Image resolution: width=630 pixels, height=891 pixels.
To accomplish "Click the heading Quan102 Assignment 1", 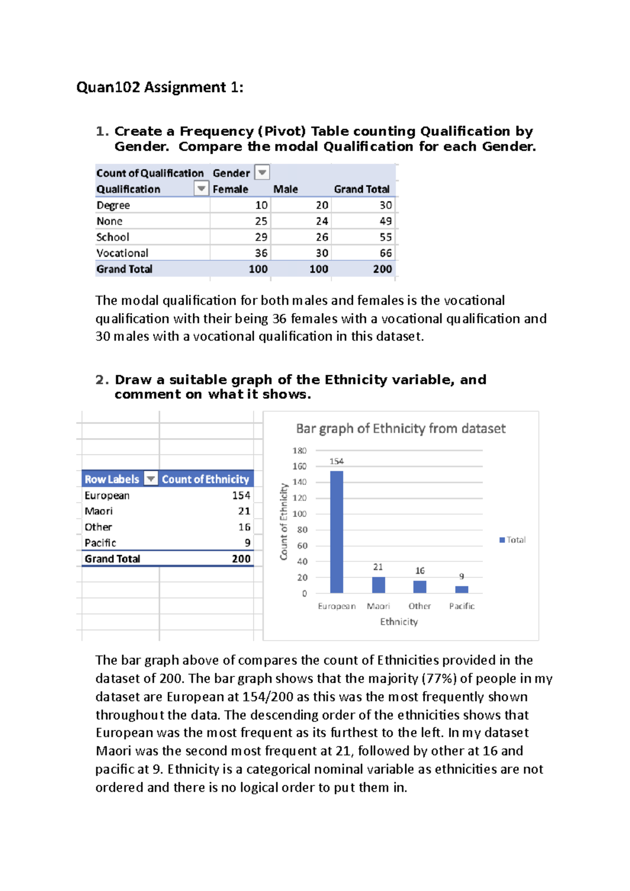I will (160, 87).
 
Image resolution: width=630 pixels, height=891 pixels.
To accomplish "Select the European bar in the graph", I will (337, 532).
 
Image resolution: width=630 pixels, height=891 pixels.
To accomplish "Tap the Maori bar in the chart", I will (379, 585).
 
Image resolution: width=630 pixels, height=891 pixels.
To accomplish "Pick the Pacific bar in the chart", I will (461, 589).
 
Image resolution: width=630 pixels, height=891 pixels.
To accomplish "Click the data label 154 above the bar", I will (337, 461).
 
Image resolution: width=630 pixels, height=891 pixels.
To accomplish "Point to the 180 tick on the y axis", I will (299, 451).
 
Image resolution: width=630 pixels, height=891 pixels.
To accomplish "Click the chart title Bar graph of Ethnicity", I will (401, 429).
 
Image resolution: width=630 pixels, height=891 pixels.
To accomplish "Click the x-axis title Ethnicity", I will (399, 622).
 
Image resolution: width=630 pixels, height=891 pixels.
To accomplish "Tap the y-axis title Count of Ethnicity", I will (283, 522).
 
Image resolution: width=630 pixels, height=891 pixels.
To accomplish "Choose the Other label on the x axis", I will (419, 606).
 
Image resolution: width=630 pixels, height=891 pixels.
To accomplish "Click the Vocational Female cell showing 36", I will (261, 253).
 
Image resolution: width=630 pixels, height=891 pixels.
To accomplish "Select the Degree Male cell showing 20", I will (322, 205).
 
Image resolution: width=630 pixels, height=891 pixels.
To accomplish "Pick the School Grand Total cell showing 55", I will (385, 237).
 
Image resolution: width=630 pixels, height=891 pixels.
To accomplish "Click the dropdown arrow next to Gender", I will (262, 172).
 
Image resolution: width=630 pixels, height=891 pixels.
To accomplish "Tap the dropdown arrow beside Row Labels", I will (151, 479).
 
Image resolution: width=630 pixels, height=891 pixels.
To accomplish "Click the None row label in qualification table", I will (109, 221).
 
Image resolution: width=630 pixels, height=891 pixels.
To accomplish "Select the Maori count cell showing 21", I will (244, 511).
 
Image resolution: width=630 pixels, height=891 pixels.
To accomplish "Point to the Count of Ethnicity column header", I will (205, 479).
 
